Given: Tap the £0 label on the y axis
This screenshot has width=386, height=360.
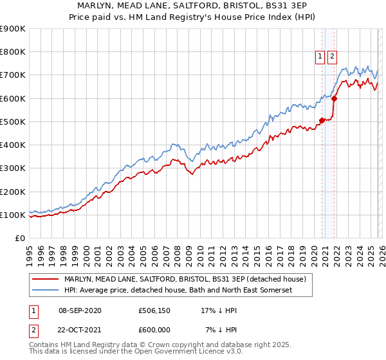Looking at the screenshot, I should coord(19,239).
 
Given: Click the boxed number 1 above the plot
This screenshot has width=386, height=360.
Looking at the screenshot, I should coord(320,57).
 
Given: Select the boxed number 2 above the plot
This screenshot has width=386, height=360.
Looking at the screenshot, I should coord(332,57).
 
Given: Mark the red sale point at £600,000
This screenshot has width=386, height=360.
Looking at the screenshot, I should coord(335,98).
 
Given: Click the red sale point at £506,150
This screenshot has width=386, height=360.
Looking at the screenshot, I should coord(322,120).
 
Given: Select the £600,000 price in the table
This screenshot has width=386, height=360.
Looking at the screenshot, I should coord(154,329).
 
